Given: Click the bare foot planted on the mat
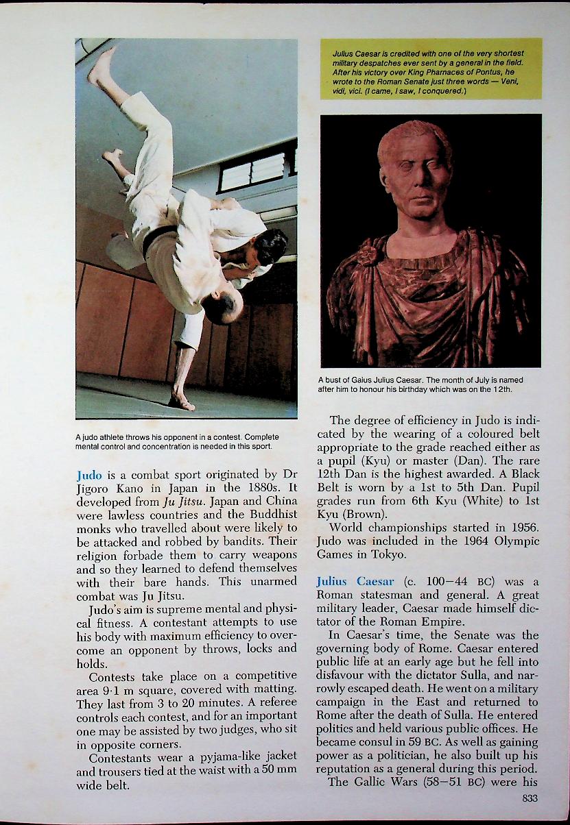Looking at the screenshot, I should point(180,401).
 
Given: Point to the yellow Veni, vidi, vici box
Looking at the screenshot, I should point(431,69).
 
